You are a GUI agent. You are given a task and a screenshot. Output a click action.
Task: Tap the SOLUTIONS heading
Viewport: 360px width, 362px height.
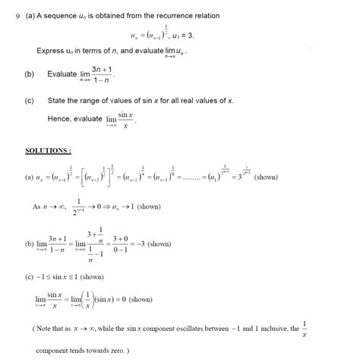point(49,150)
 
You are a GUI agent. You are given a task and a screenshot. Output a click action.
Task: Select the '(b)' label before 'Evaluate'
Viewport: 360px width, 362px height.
point(30,74)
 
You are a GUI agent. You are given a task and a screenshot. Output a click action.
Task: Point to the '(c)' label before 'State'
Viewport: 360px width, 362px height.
point(30,99)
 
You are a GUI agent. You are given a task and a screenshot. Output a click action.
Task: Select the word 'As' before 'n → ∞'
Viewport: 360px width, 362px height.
point(37,206)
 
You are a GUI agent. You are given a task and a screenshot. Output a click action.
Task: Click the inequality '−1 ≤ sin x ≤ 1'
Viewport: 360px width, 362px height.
point(58,276)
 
